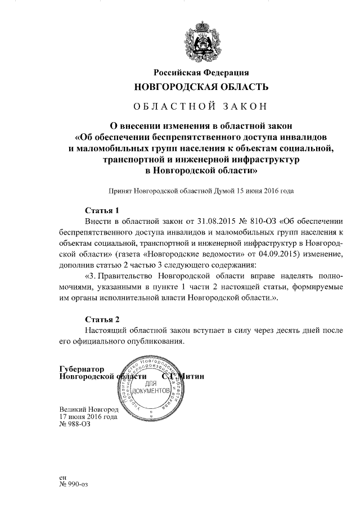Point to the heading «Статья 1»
click(x=102, y=210)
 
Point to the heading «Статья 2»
click(x=102, y=319)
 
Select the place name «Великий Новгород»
click(x=88, y=409)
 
